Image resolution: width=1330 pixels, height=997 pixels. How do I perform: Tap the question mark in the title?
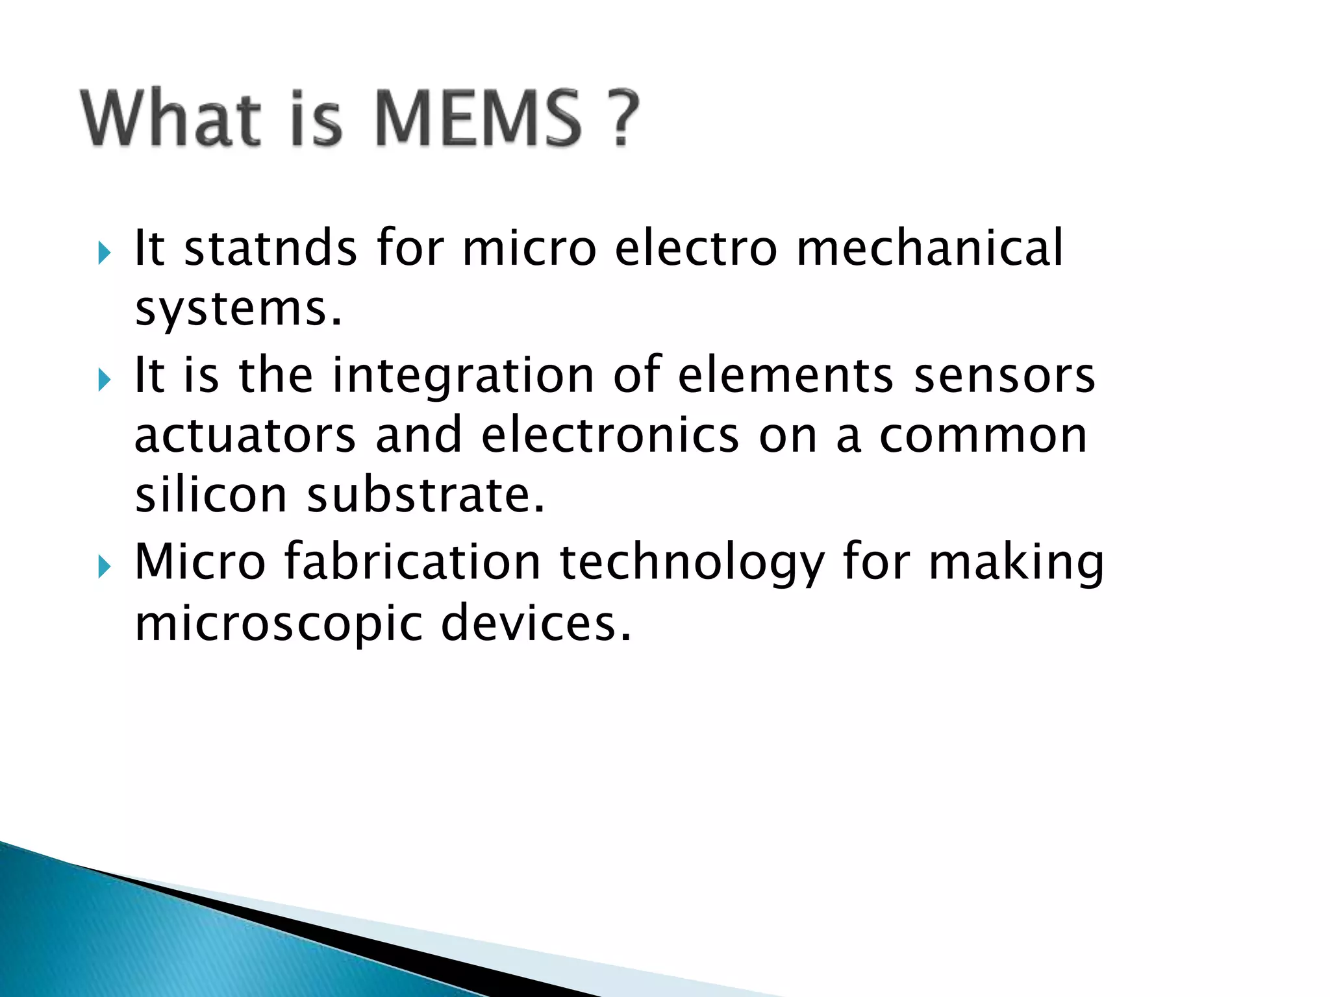pyautogui.click(x=624, y=119)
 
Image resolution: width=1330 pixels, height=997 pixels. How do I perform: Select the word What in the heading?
pyautogui.click(x=171, y=119)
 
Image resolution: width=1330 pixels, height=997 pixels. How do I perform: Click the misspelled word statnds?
pyautogui.click(x=271, y=248)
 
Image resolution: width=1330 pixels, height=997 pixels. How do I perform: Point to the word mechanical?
pyautogui.click(x=930, y=248)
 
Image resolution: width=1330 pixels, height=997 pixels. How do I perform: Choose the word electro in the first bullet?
pyautogui.click(x=696, y=248)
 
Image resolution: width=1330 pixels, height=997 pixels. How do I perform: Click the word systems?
pyautogui.click(x=238, y=310)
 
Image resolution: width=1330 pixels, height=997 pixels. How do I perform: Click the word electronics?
pyautogui.click(x=610, y=436)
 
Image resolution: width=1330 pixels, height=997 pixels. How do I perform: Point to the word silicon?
pyautogui.click(x=211, y=495)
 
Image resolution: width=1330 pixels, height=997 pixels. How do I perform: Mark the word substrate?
pyautogui.click(x=425, y=495)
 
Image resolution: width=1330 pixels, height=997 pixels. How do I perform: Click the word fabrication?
pyautogui.click(x=412, y=562)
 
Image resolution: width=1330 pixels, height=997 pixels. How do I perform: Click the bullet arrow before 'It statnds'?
pyautogui.click(x=105, y=252)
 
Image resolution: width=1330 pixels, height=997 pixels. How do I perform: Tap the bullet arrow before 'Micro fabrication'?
pyautogui.click(x=105, y=567)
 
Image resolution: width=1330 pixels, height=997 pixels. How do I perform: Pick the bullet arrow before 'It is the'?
pyautogui.click(x=105, y=380)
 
